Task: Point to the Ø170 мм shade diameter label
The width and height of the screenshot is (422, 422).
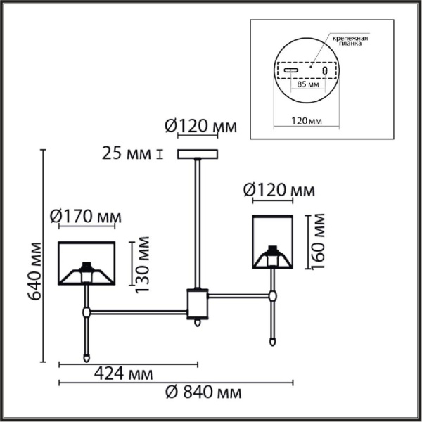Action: pos(85,217)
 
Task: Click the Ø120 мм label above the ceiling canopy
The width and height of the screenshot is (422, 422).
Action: pos(200,127)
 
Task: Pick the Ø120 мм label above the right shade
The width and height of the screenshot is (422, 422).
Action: pos(278,190)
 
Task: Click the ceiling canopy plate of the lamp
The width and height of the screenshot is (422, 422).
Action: pos(198,154)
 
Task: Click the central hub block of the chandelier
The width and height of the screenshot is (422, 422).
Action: pos(197,304)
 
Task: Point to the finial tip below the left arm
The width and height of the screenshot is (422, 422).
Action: pos(87,358)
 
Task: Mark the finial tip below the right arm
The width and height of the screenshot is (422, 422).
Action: pos(272,342)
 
